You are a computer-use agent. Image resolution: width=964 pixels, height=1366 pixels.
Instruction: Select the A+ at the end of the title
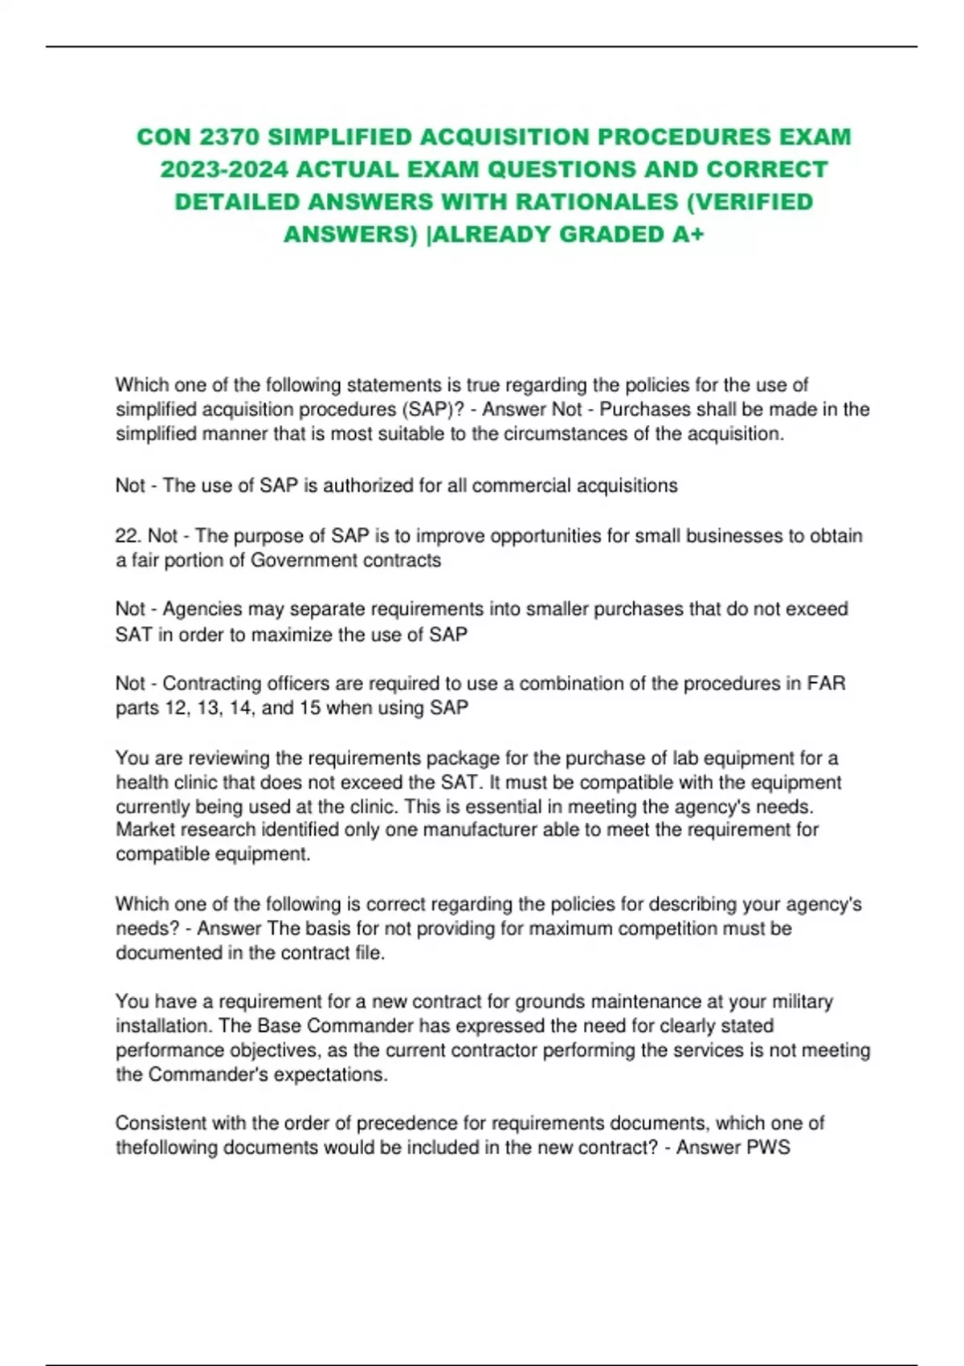pyautogui.click(x=688, y=235)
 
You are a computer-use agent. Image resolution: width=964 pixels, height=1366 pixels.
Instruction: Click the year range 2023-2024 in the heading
pyautogui.click(x=223, y=170)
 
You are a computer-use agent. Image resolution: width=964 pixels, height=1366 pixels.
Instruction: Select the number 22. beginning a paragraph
pyautogui.click(x=129, y=536)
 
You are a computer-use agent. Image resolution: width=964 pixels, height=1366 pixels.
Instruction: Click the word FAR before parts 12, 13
pyautogui.click(x=826, y=684)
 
